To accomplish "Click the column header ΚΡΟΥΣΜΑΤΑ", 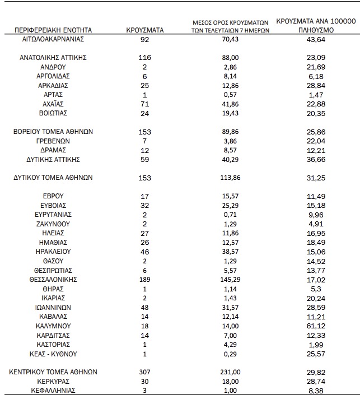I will pos(144,30).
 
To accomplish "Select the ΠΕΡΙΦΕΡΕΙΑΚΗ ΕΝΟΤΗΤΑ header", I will pos(53,30).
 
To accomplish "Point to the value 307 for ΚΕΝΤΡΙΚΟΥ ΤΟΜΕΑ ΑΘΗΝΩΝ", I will pos(144,372).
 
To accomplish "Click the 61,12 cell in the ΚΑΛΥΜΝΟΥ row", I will pos(316,326).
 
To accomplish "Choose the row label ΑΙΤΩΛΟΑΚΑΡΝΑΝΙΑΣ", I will pos(53,39).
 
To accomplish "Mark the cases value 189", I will pos(144,279).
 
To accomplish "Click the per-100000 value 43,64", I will pos(316,39).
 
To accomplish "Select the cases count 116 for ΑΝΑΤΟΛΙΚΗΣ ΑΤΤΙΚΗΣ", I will pos(144,57).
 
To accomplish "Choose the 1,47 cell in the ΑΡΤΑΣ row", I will pos(316,95).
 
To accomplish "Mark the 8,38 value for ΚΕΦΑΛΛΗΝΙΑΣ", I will pos(316,391).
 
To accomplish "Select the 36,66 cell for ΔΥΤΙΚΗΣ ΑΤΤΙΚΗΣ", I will pos(316,160).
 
